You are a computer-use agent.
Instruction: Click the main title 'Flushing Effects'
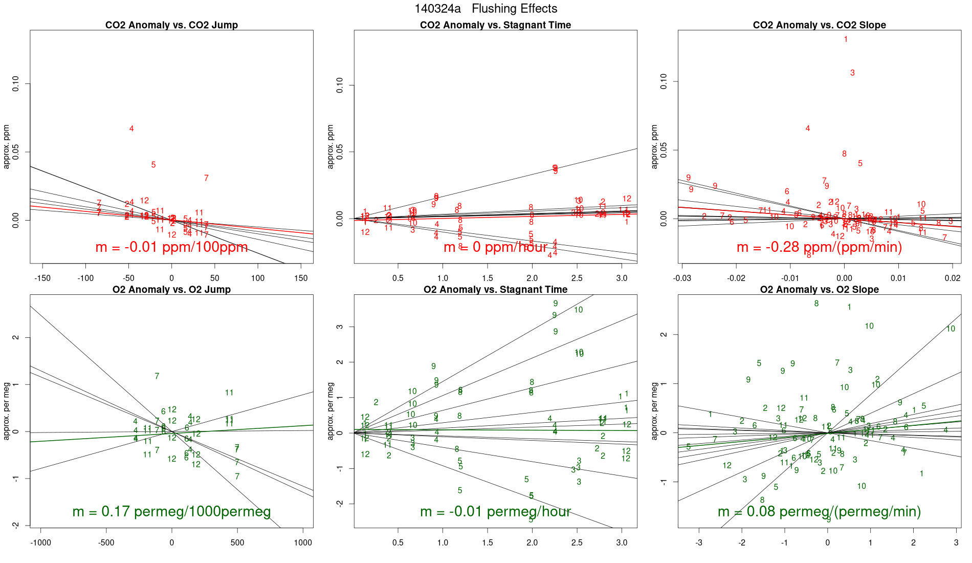click(514, 9)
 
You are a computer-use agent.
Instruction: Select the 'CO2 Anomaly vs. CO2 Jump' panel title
click(171, 25)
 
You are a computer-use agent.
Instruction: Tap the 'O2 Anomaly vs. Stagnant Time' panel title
click(495, 290)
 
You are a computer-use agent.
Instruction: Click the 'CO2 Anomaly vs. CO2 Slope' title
click(819, 25)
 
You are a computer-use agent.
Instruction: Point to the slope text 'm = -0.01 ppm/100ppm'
click(171, 247)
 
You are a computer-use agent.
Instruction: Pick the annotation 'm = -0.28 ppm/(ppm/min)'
click(819, 247)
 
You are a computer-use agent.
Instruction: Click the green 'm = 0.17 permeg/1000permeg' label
click(171, 511)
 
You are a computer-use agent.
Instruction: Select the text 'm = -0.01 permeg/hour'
click(495, 511)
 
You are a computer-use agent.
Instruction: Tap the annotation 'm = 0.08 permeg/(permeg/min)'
click(819, 511)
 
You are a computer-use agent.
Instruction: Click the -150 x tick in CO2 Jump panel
click(42, 278)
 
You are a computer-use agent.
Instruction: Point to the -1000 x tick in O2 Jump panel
click(41, 543)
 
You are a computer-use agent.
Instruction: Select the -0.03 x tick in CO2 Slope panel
click(682, 278)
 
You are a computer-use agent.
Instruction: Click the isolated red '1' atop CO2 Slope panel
click(846, 39)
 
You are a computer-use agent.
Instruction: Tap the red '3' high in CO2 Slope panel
click(852, 73)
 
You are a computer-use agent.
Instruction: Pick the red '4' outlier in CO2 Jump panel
click(131, 129)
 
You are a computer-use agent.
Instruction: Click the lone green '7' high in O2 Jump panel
click(157, 376)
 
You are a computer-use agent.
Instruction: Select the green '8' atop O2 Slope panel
click(816, 304)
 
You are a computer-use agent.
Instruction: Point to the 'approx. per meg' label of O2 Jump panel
click(7, 411)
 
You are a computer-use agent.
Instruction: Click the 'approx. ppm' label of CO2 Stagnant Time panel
click(330, 146)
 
